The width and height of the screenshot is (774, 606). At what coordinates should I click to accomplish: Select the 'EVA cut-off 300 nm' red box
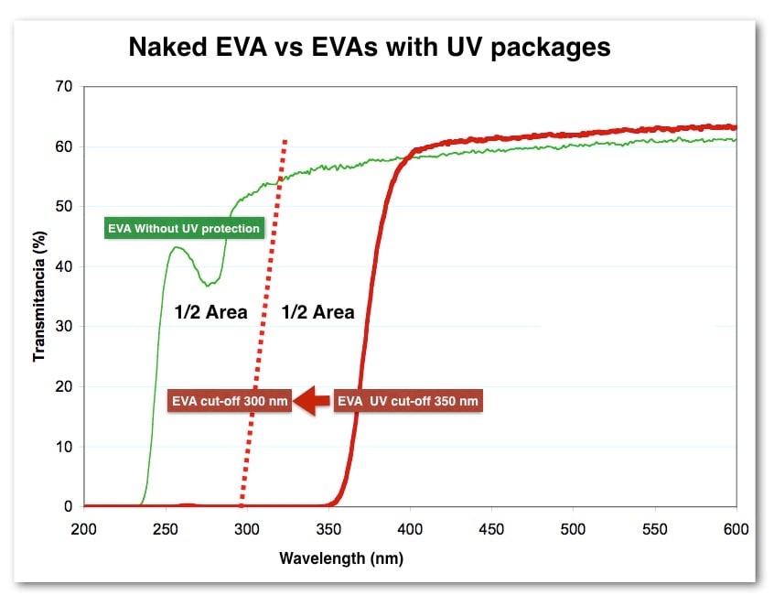click(x=230, y=401)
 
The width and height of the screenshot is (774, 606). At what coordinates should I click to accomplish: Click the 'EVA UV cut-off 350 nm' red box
click(x=407, y=401)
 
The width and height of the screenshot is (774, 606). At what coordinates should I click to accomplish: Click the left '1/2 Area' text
click(x=210, y=312)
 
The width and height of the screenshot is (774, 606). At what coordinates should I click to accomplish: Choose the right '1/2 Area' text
click(x=317, y=312)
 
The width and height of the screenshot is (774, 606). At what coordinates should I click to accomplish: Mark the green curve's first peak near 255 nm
click(x=177, y=247)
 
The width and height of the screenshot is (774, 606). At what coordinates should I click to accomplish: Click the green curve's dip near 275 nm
click(x=210, y=285)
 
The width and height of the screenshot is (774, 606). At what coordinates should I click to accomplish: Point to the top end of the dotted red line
click(x=285, y=141)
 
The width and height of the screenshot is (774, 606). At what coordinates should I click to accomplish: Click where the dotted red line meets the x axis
click(x=242, y=505)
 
